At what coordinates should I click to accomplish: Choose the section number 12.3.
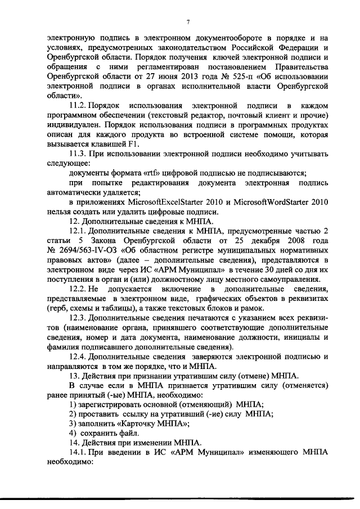point(78,318)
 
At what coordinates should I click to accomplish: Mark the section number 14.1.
point(78,452)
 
